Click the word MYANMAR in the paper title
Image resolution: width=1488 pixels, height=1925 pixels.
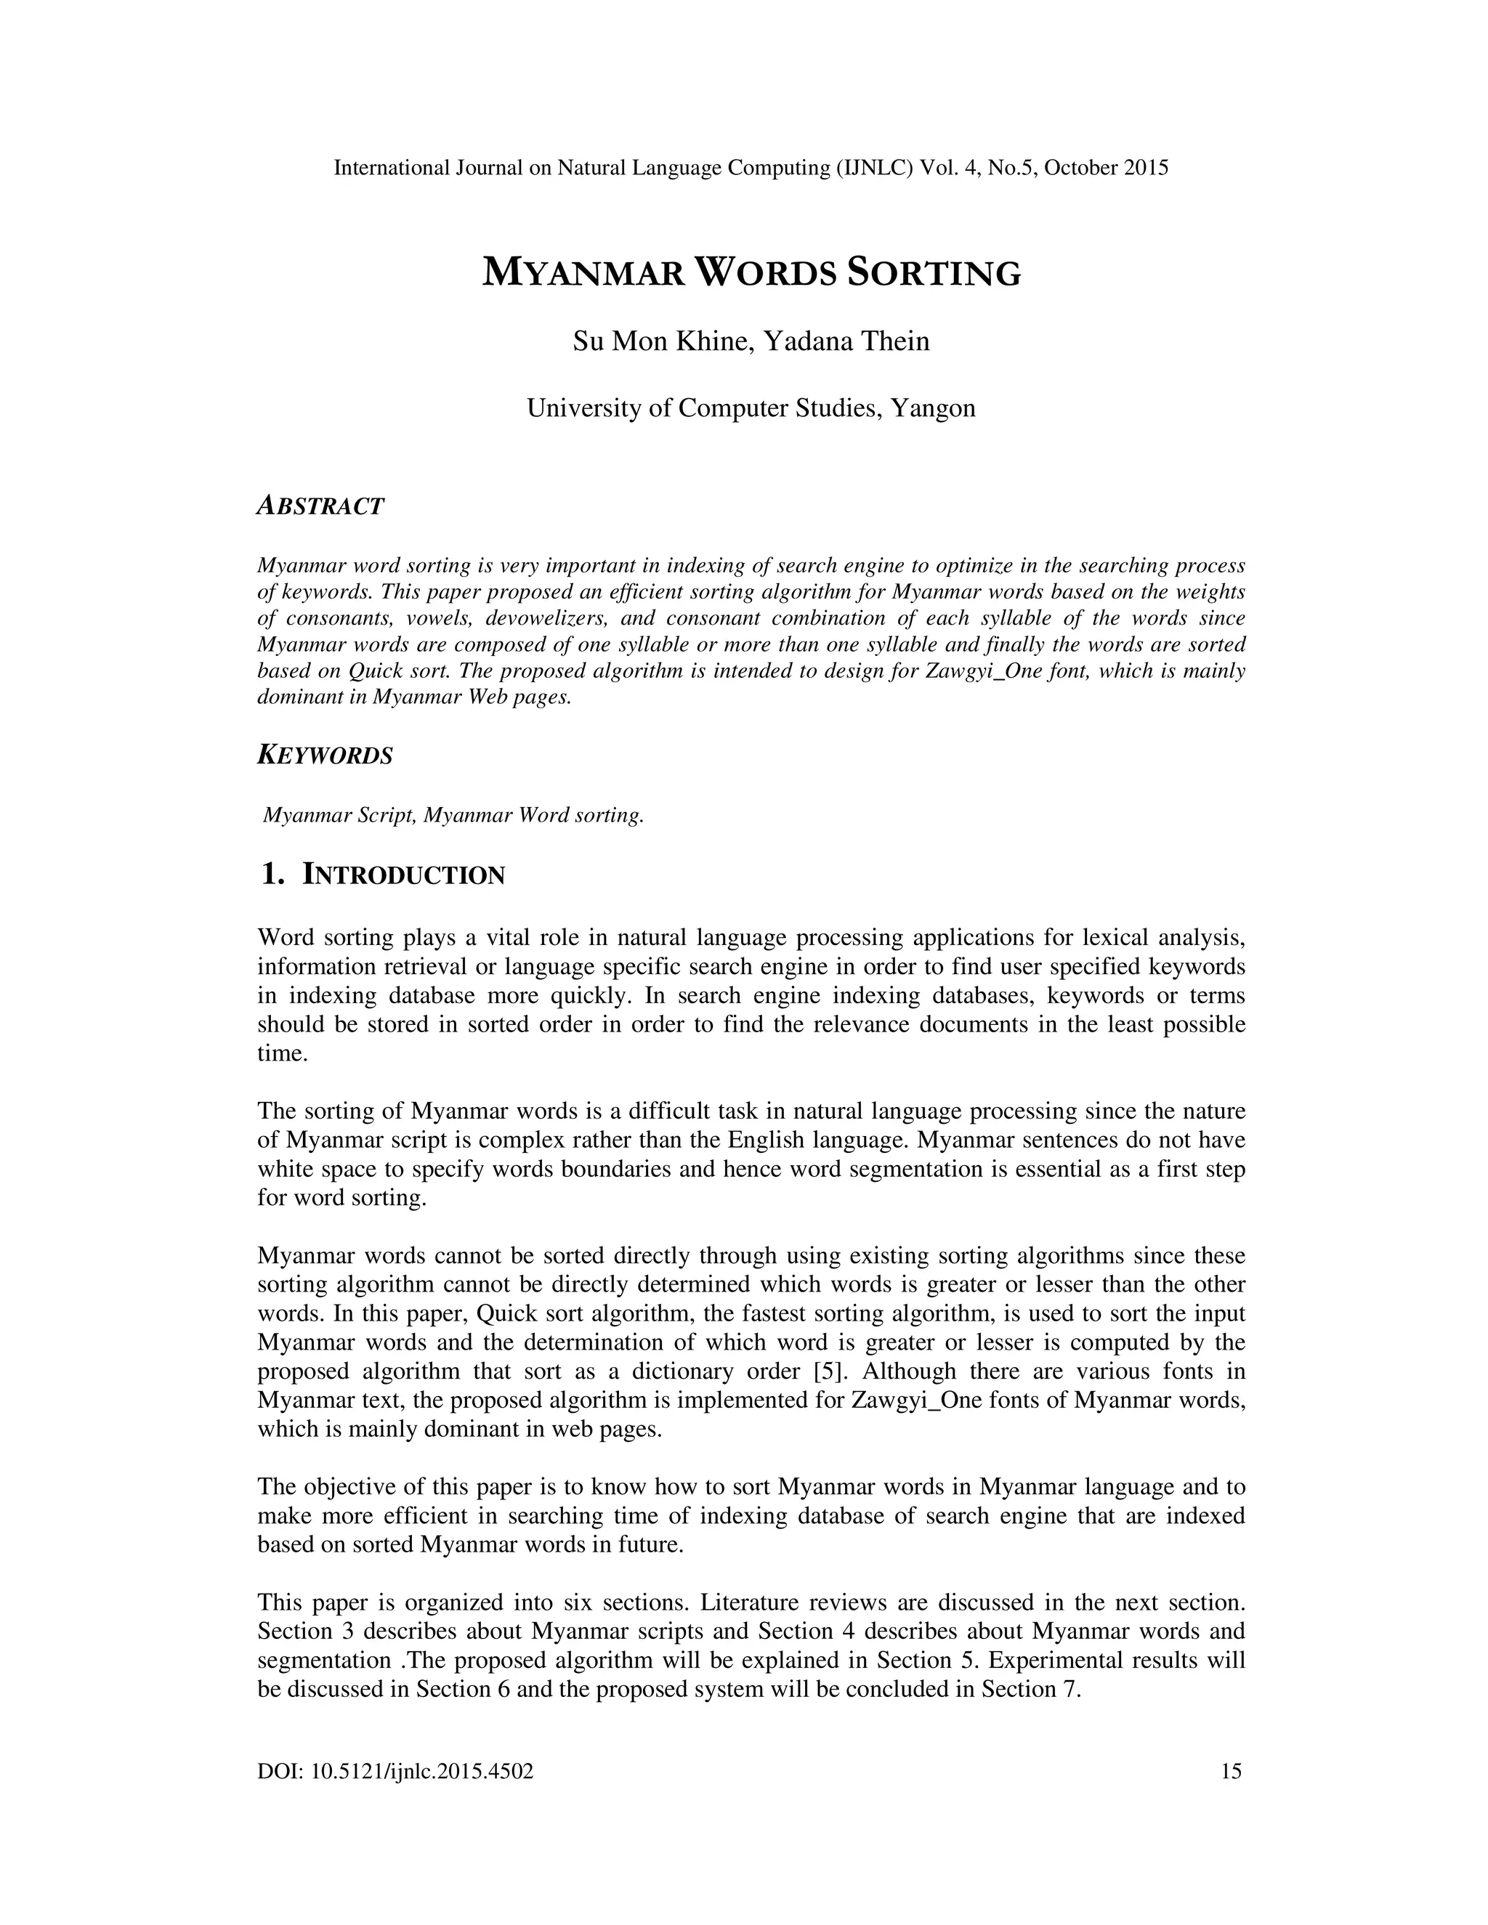pos(583,273)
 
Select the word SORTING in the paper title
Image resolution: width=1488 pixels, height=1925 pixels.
pos(934,273)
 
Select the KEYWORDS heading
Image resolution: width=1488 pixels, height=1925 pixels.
pos(324,755)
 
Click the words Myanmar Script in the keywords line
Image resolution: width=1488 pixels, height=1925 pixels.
pos(339,815)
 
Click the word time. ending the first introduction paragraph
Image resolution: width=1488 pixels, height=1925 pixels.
pos(282,1053)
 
